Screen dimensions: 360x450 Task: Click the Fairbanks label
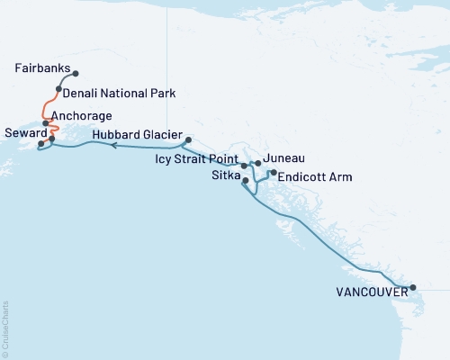point(42,68)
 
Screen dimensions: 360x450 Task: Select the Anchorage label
point(82,116)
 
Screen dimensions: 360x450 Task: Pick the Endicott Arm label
point(315,177)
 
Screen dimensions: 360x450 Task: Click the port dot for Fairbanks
point(76,74)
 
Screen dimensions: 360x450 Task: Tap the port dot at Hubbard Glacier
point(188,139)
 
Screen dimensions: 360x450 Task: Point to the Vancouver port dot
point(413,288)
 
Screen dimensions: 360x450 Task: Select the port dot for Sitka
point(246,181)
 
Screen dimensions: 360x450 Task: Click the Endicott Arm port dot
point(273,172)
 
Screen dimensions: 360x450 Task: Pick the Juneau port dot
point(257,163)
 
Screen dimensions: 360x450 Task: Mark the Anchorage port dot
point(45,123)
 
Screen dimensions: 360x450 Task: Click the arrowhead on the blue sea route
point(115,144)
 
